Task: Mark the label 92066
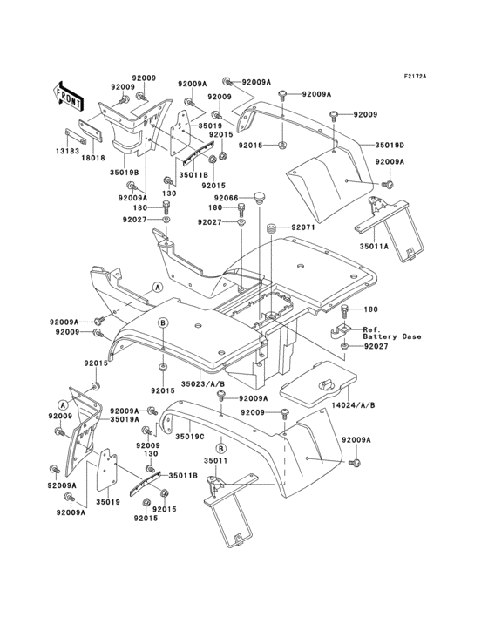tap(227, 198)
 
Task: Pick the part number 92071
tap(302, 227)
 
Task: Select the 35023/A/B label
tap(203, 382)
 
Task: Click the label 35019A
tap(125, 419)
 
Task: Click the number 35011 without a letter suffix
tap(215, 461)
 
